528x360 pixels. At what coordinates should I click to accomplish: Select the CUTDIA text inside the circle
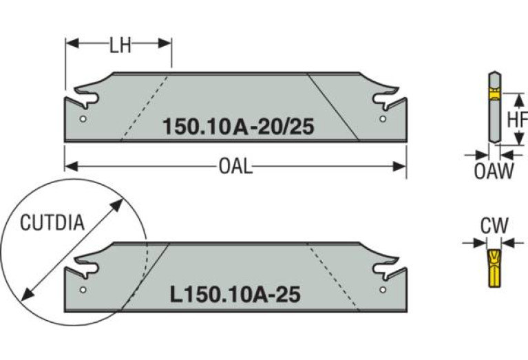[52, 223]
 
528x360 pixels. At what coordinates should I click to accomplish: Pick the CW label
[494, 225]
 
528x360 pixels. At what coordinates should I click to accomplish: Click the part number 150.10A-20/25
[233, 127]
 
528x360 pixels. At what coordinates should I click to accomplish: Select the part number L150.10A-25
[234, 295]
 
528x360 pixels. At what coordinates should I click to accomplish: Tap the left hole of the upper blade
[83, 118]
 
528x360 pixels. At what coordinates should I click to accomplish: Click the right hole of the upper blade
[383, 118]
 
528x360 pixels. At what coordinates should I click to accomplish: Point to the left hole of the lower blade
[83, 289]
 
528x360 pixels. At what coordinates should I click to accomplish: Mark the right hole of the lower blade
[383, 289]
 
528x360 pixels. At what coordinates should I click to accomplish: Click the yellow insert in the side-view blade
[493, 94]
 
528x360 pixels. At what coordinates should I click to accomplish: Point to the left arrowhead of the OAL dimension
[69, 166]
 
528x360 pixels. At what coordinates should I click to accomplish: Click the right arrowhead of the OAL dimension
[402, 166]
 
